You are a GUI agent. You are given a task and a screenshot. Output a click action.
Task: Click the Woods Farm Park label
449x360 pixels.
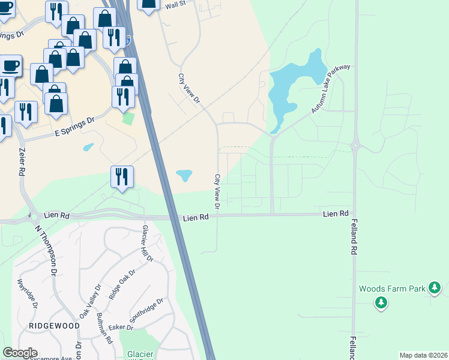[x=392, y=289]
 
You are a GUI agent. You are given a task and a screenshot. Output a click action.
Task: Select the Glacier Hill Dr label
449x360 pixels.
[x=147, y=244]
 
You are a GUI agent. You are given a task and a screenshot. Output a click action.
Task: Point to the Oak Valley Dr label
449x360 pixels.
[x=91, y=301]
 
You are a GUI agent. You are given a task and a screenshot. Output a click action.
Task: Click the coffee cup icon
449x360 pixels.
[x=10, y=65]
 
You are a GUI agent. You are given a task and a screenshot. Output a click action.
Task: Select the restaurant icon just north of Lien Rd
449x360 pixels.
[x=122, y=176]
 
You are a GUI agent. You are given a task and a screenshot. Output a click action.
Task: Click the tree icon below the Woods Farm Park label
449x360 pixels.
[x=381, y=303]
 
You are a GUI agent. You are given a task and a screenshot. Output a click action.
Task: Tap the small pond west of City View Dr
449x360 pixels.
[x=184, y=175]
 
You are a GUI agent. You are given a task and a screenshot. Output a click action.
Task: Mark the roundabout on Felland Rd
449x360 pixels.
[x=355, y=145]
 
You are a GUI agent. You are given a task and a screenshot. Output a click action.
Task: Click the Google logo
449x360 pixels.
[x=20, y=353]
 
